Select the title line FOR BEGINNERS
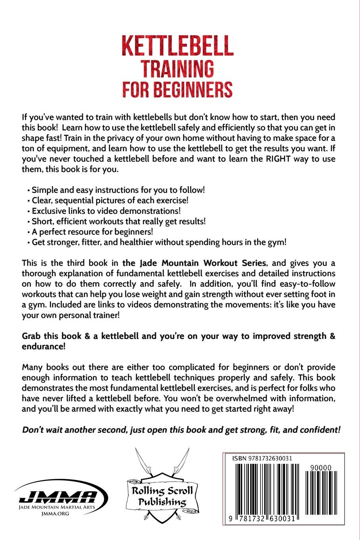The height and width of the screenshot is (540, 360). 177,90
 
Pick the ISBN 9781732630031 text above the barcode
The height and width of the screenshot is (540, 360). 262,458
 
